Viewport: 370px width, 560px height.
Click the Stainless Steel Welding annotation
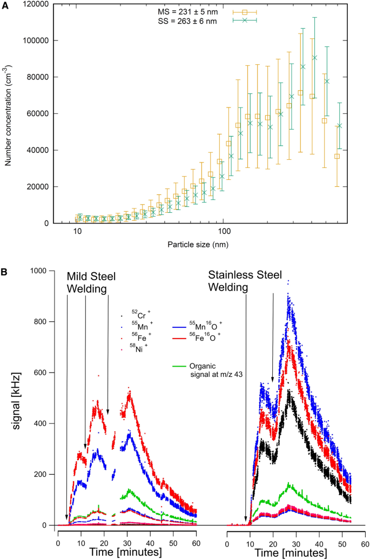click(x=245, y=281)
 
